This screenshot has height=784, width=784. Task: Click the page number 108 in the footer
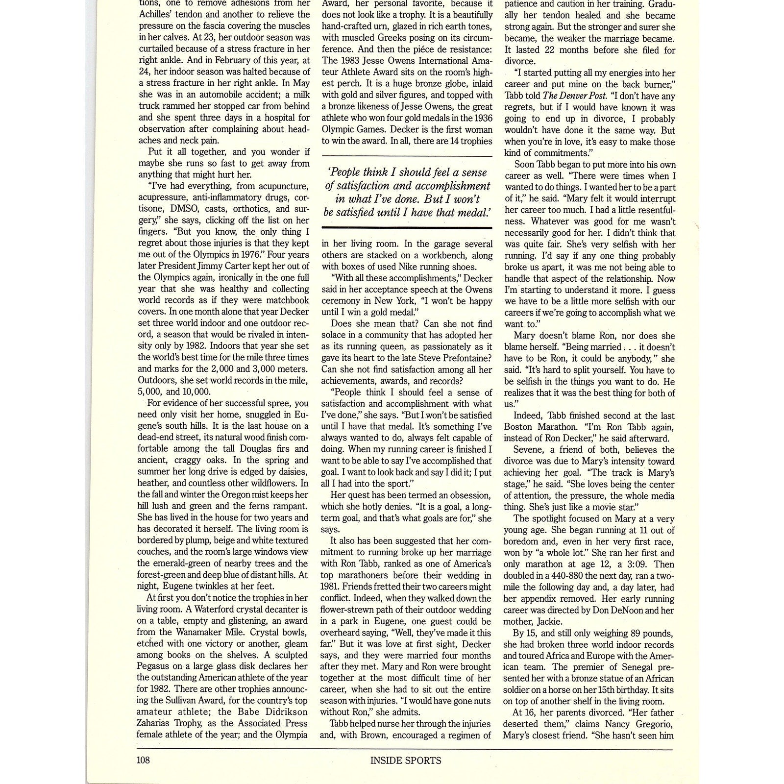pyautogui.click(x=143, y=760)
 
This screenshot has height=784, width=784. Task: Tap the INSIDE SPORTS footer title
pyautogui.click(x=406, y=760)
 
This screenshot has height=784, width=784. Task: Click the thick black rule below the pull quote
pyautogui.click(x=407, y=228)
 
